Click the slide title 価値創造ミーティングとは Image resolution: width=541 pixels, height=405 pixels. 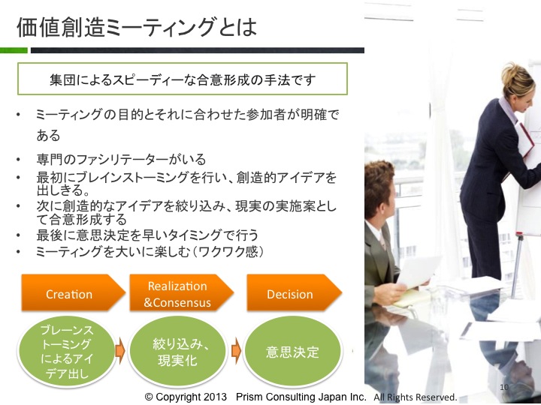point(137,27)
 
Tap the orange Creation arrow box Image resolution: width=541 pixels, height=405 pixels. point(73,292)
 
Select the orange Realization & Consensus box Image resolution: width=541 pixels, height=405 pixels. point(182,292)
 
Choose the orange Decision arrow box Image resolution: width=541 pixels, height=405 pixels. point(294,292)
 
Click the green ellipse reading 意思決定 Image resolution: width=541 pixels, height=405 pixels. point(292,352)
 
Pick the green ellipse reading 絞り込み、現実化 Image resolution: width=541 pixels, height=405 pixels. point(177,352)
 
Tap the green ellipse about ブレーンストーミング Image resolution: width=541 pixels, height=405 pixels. point(67,352)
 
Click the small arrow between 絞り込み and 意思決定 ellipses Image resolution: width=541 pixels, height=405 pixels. point(236,351)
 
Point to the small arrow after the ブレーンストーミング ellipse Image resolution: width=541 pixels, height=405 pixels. point(119,351)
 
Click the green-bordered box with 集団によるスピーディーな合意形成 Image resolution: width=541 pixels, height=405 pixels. point(183,79)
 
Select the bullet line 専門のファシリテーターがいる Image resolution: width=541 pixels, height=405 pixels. point(121,160)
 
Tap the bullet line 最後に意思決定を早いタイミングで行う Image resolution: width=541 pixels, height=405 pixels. point(147,235)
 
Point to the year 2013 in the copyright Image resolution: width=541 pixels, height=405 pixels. point(215,397)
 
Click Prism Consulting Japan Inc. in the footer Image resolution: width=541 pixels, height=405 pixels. point(301,397)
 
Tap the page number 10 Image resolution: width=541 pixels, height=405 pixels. point(504,387)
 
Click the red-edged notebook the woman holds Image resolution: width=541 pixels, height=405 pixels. point(525,139)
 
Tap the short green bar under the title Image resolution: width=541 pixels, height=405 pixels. point(14,50)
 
